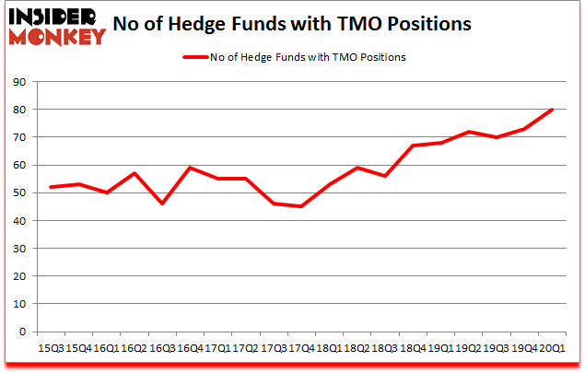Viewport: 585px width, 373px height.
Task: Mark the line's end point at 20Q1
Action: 552,110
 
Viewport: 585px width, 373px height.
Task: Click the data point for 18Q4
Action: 414,146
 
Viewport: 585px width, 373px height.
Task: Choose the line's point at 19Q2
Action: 469,132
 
